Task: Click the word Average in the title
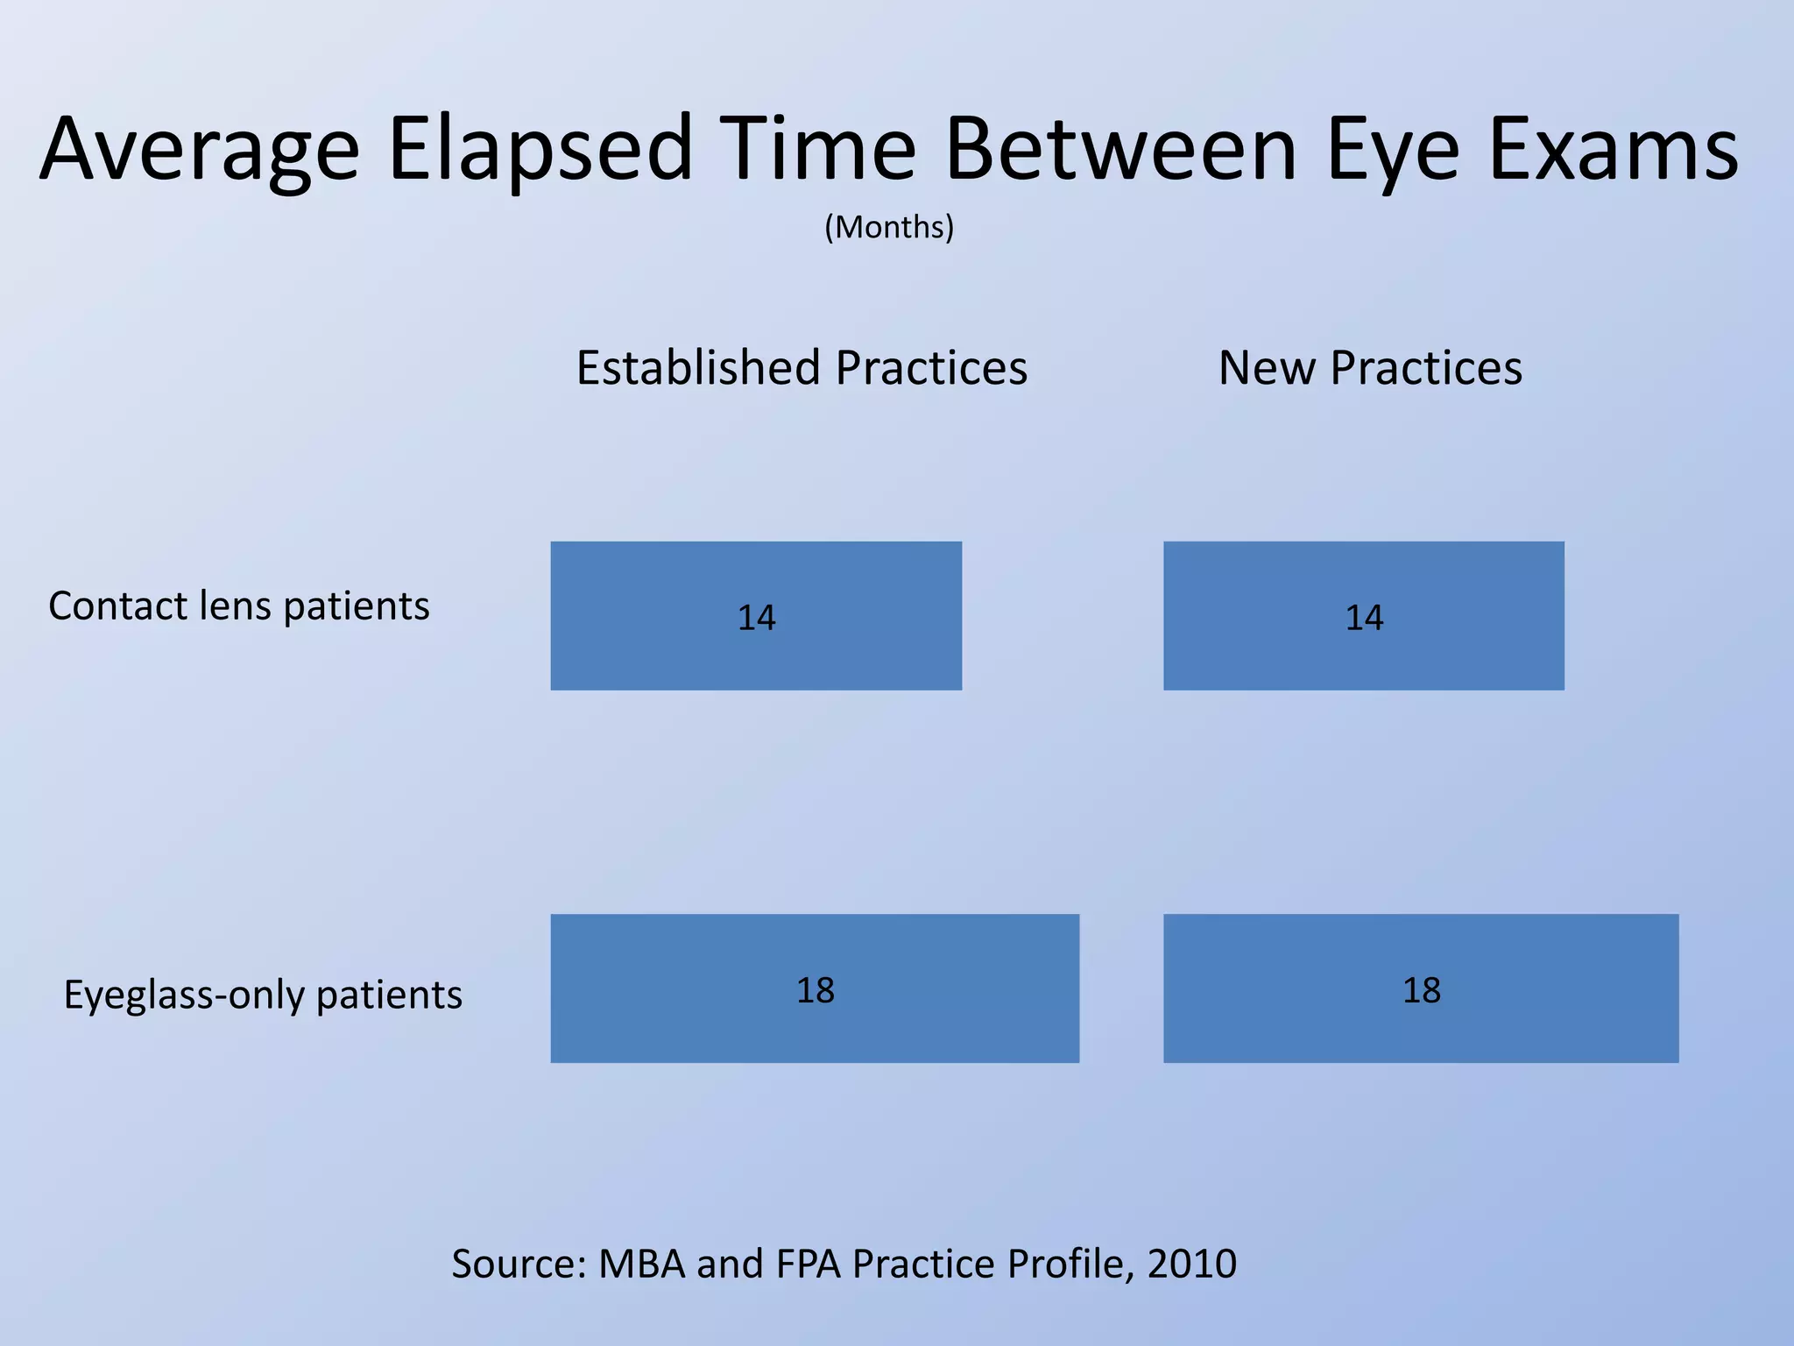click(200, 151)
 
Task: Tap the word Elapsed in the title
click(540, 151)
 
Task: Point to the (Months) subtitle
click(888, 227)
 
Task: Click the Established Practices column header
click(802, 368)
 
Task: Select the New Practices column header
click(1370, 368)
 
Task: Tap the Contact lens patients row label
click(238, 606)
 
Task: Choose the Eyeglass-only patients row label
click(263, 995)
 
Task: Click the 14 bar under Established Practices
click(756, 616)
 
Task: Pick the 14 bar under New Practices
click(1363, 616)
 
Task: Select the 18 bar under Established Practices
click(815, 988)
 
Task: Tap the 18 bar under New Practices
click(1421, 988)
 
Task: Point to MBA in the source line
click(641, 1264)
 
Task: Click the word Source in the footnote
click(517, 1264)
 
